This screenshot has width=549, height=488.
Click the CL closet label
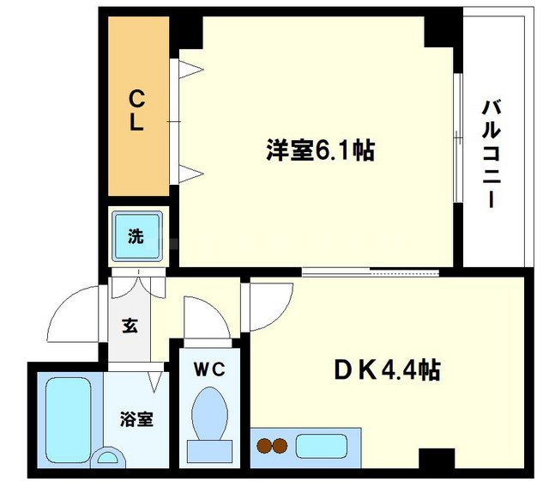click(x=136, y=108)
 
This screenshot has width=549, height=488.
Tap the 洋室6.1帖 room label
click(x=318, y=151)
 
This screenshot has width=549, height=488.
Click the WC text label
click(x=208, y=369)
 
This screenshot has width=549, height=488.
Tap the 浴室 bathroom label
click(x=136, y=419)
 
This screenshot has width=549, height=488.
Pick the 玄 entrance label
click(x=130, y=326)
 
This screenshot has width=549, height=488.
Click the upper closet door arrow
click(x=190, y=70)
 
